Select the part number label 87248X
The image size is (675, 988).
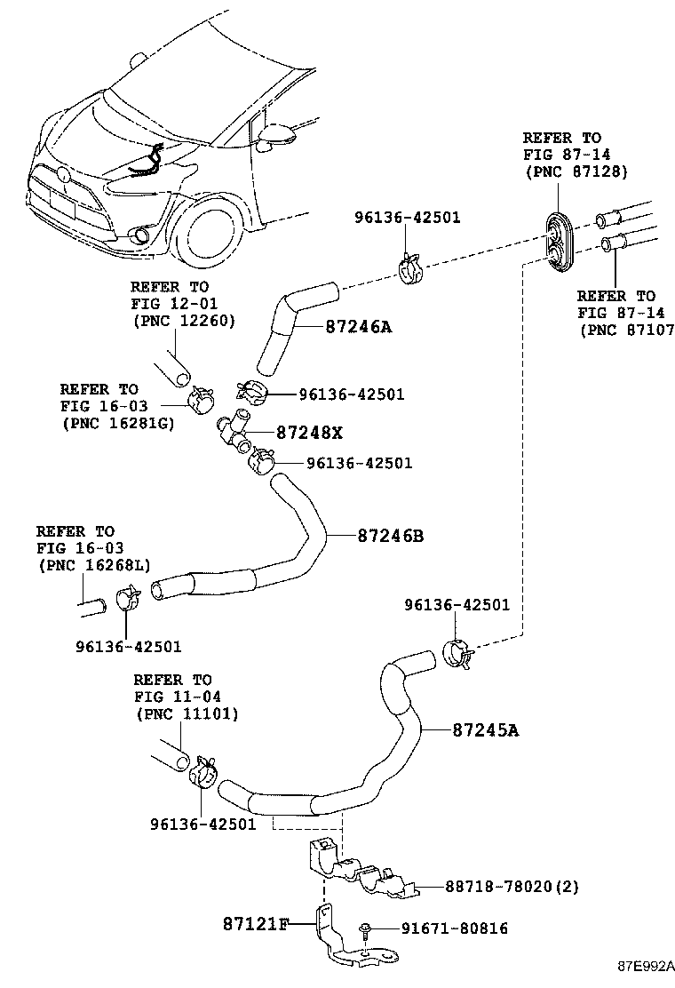[x=309, y=433]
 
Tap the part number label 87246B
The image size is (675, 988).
[x=391, y=537]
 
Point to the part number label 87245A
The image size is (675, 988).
[x=485, y=730]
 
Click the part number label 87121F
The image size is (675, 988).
[x=256, y=924]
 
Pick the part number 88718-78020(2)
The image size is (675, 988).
[x=499, y=887]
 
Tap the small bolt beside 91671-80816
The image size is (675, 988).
[x=365, y=931]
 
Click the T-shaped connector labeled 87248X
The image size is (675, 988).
[x=235, y=426]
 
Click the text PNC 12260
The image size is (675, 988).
[x=183, y=320]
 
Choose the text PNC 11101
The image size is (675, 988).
[x=187, y=713]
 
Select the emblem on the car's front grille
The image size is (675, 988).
[x=65, y=175]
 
